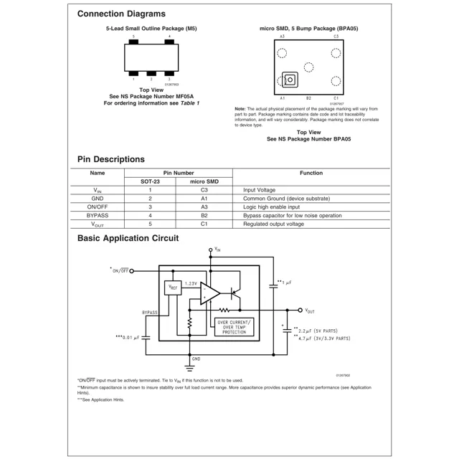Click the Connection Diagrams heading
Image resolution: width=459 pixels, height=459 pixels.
pyautogui.click(x=121, y=14)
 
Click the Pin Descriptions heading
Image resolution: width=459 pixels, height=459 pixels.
pyautogui.click(x=110, y=159)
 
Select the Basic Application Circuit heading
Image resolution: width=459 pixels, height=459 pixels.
pyautogui.click(x=128, y=238)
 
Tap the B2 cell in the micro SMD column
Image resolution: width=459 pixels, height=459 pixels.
pyautogui.click(x=204, y=215)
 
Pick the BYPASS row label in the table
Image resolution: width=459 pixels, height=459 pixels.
pyautogui.click(x=98, y=215)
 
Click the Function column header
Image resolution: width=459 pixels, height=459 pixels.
pyautogui.click(x=311, y=173)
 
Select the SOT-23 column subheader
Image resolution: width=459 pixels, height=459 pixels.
pyautogui.click(x=150, y=181)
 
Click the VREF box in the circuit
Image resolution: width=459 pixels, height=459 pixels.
pyautogui.click(x=172, y=288)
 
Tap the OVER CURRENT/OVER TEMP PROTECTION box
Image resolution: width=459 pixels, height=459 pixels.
pyautogui.click(x=234, y=327)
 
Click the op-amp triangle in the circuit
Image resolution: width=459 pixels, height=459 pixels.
pyautogui.click(x=209, y=292)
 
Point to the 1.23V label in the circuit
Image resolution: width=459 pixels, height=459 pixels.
pyautogui.click(x=191, y=283)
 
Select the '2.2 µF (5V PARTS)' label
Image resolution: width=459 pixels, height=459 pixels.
pyautogui.click(x=324, y=330)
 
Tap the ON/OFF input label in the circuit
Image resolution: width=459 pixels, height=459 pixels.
pyautogui.click(x=119, y=270)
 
